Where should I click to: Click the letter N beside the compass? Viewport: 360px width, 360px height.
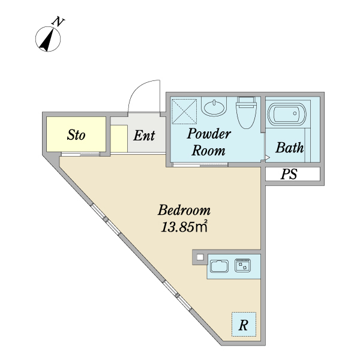[x=58, y=22]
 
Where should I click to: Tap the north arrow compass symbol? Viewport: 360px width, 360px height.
[x=48, y=39]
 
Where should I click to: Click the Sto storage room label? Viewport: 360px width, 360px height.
[x=76, y=135]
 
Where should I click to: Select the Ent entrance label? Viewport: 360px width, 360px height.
[x=144, y=135]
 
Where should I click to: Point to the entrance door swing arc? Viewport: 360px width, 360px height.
[x=138, y=88]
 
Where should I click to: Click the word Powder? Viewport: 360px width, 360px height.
[x=209, y=133]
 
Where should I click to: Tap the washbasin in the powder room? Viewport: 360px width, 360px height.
[x=214, y=107]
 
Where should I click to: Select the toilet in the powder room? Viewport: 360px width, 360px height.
[x=247, y=113]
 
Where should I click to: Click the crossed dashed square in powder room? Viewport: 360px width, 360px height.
[x=184, y=112]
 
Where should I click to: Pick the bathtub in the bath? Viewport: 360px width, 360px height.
[x=287, y=114]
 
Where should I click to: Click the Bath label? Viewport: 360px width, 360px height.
[x=290, y=148]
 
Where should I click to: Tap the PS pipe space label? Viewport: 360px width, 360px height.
[x=289, y=174]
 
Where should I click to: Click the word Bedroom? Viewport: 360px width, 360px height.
[x=184, y=210]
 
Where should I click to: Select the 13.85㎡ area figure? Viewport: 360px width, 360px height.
[x=184, y=227]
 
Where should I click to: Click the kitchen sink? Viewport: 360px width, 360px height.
[x=220, y=266]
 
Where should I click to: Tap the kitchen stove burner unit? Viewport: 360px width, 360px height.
[x=242, y=265]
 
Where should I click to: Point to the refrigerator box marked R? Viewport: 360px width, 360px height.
[x=244, y=325]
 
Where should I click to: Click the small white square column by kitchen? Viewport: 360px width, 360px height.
[x=200, y=257]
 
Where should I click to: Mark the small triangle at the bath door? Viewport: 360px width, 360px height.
[x=268, y=157]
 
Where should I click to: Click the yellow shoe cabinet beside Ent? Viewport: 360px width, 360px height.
[x=119, y=139]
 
